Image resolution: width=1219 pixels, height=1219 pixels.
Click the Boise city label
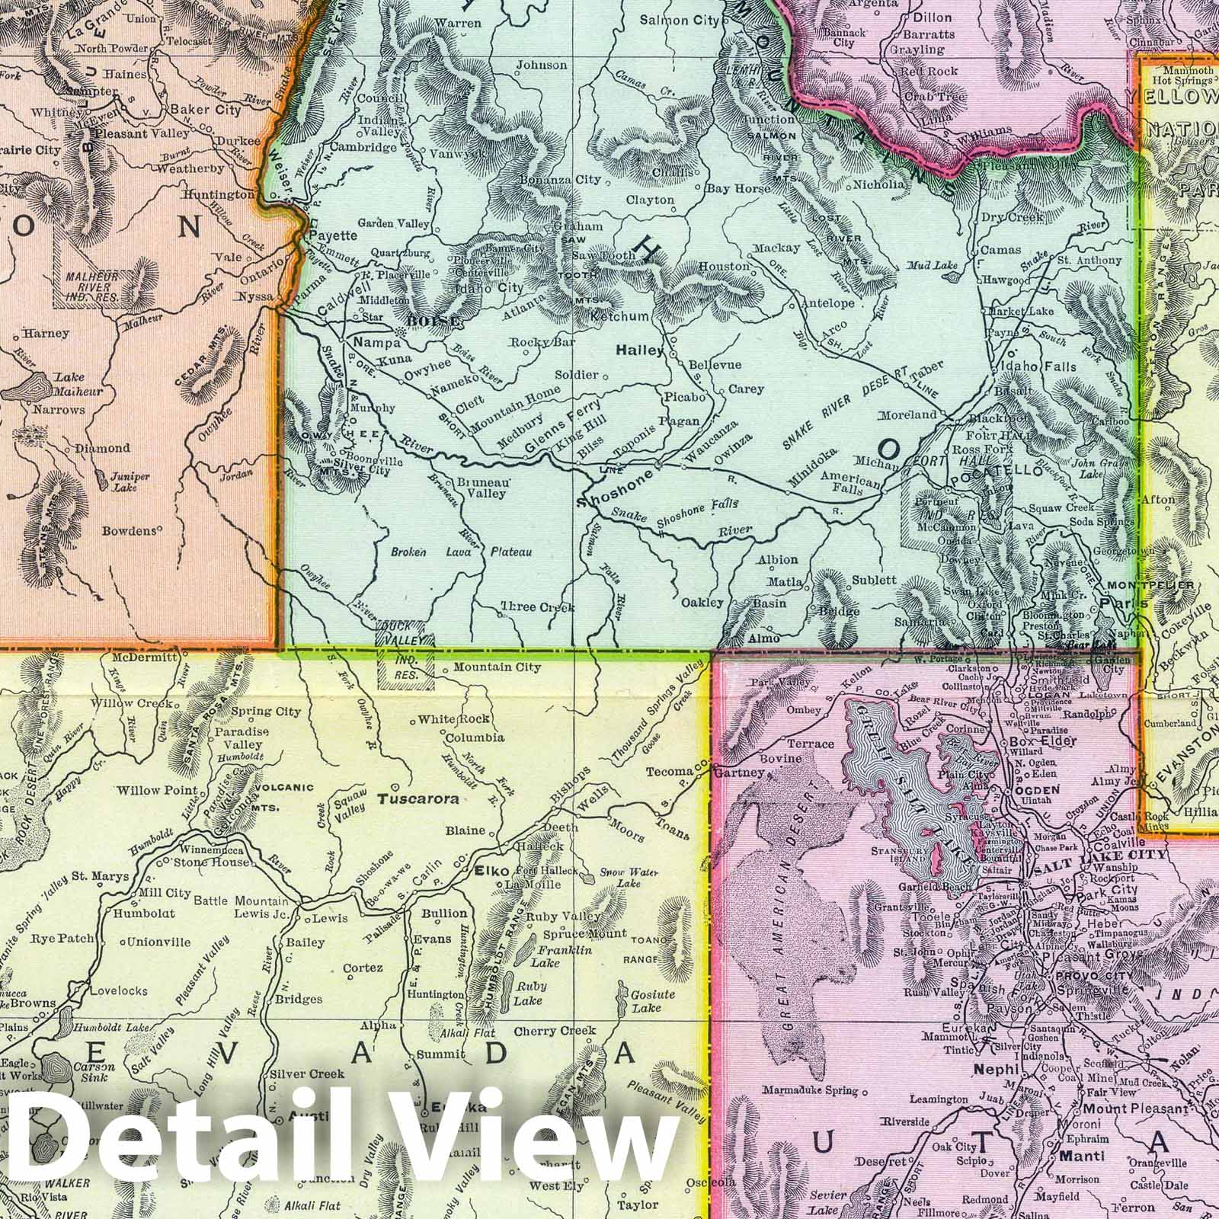(x=434, y=321)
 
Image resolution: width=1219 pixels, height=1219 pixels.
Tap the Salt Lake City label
(x=1098, y=855)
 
